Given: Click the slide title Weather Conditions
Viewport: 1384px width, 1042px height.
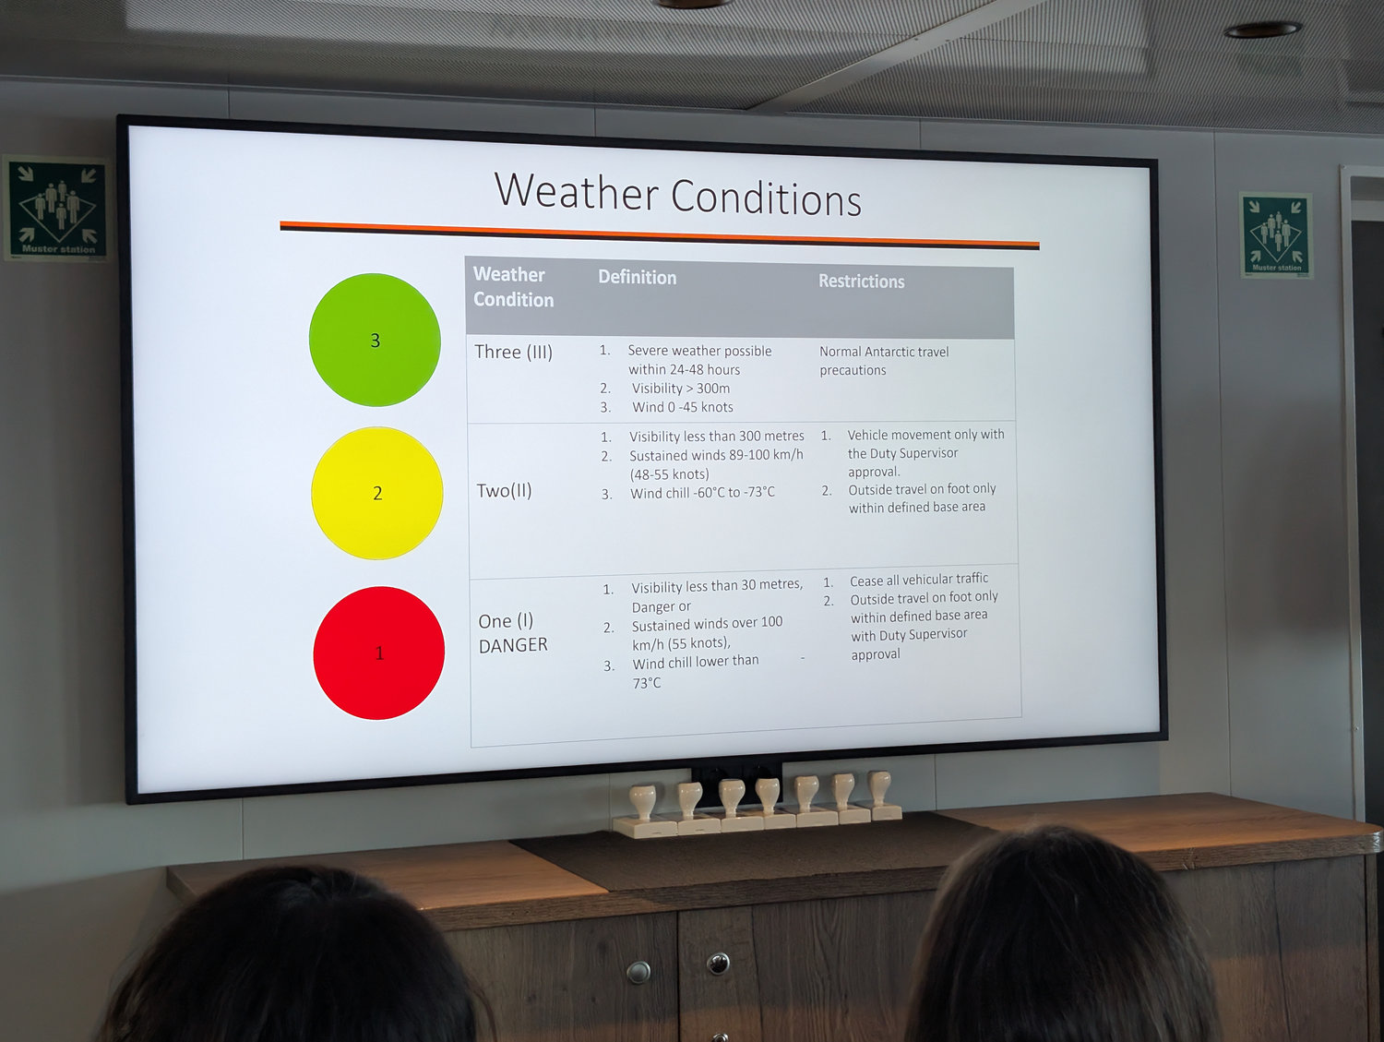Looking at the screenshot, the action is pyautogui.click(x=678, y=195).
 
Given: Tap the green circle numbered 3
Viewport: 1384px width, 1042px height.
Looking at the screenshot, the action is pyautogui.click(x=375, y=340).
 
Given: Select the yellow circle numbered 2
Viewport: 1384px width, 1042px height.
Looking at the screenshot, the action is pyautogui.click(x=377, y=493).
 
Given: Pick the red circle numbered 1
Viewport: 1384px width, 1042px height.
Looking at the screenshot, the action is pyautogui.click(x=379, y=653).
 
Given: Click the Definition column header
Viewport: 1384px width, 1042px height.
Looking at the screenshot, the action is pyautogui.click(x=637, y=278).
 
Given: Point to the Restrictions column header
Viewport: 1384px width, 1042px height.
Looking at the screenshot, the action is pyautogui.click(x=861, y=281).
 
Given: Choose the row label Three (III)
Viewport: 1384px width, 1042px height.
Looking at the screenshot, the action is pyautogui.click(x=513, y=352).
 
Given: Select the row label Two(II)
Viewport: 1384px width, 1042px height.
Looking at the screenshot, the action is pyautogui.click(x=505, y=491).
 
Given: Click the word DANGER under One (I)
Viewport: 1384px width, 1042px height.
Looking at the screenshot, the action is pyautogui.click(x=513, y=645).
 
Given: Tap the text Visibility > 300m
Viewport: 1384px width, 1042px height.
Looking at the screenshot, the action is pyautogui.click(x=681, y=389).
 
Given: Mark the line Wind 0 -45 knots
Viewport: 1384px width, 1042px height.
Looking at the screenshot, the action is pyautogui.click(x=683, y=407).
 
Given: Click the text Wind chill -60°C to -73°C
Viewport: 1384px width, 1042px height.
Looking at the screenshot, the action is pyautogui.click(x=702, y=493).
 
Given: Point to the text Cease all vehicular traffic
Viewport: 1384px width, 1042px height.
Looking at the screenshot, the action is pyautogui.click(x=919, y=579).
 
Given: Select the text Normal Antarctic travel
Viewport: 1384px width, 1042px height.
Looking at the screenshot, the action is pyautogui.click(x=884, y=352).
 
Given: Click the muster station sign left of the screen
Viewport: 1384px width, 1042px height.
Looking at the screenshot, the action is pyautogui.click(x=57, y=209).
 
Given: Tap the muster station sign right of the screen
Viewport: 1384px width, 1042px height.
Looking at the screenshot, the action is pyautogui.click(x=1276, y=235).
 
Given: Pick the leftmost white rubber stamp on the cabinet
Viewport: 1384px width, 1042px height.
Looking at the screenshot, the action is pyautogui.click(x=643, y=812).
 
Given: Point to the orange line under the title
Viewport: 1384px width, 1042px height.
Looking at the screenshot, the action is pyautogui.click(x=660, y=234).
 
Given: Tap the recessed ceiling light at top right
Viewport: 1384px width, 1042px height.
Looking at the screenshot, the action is pyautogui.click(x=1263, y=29).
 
